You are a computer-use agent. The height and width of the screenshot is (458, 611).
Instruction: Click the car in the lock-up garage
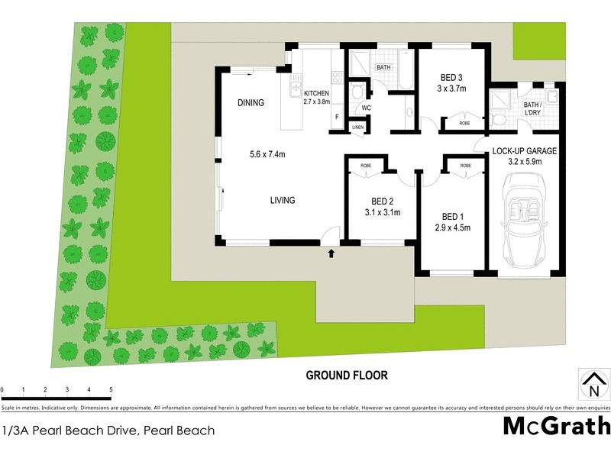(526, 226)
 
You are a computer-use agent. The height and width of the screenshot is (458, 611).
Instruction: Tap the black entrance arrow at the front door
(331, 252)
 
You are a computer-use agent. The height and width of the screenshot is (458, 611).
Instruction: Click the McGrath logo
(556, 426)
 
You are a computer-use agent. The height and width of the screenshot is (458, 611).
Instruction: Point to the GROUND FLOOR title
(347, 375)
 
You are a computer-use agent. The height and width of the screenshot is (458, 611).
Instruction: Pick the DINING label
(251, 103)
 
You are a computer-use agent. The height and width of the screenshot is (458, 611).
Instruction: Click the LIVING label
(282, 201)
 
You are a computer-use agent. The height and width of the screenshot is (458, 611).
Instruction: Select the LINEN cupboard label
(357, 127)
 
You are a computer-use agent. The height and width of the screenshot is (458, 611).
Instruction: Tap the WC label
(366, 108)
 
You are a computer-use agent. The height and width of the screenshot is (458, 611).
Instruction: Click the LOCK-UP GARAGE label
(525, 151)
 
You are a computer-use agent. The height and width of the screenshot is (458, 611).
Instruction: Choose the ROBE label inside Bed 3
(464, 123)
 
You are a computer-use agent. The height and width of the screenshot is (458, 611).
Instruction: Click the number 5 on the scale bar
(111, 390)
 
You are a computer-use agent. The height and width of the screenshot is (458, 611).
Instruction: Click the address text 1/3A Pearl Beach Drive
(107, 431)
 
